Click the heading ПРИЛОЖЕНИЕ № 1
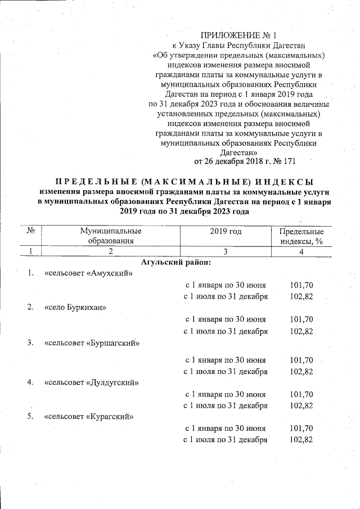(240, 35)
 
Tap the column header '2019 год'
(226, 231)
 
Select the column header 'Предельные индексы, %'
(301, 236)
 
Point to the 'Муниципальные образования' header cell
(110, 236)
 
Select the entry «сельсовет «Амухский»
(88, 274)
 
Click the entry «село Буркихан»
(75, 308)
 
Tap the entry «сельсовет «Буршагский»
(92, 343)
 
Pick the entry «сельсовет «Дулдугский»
(92, 382)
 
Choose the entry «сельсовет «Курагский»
(89, 417)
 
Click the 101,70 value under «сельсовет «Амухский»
(301, 285)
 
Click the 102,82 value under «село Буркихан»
(301, 331)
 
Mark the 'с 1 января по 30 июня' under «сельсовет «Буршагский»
(226, 359)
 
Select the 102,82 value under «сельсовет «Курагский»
(301, 440)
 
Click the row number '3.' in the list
(31, 343)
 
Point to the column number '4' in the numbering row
(301, 251)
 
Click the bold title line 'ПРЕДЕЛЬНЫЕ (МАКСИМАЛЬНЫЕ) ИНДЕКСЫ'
(184, 182)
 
